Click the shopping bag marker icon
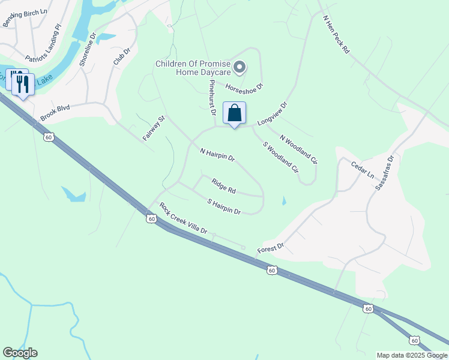coord(234,113)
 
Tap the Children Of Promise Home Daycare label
coord(193,68)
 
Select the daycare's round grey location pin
coord(240,67)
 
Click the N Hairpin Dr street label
coord(217,155)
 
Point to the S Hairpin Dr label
coord(223,207)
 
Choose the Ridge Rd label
coord(223,186)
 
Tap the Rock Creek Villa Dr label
coord(183,218)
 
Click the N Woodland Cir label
coord(298,149)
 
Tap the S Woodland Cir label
coord(279,157)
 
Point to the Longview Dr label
coord(273,113)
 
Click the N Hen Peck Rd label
coord(336,35)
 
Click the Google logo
coord(20,353)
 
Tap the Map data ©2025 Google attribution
coord(411,355)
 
